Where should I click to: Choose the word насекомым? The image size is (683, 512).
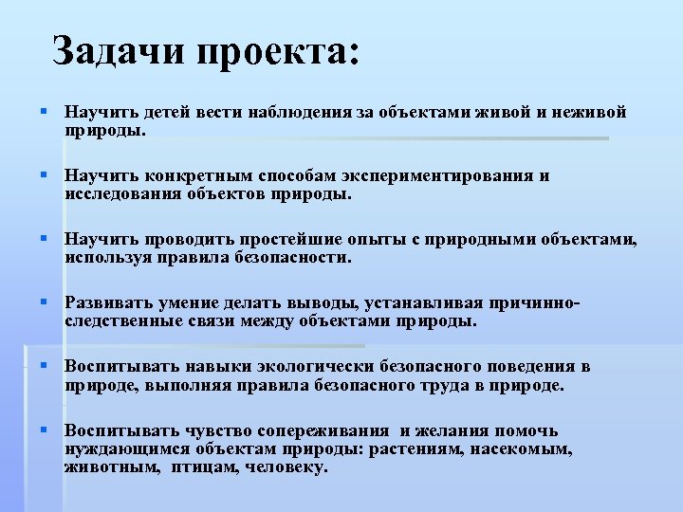tap(524, 449)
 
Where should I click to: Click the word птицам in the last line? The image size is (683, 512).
tap(204, 466)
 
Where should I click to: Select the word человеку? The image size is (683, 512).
tap(286, 466)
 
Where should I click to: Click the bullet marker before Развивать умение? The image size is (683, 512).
tap(44, 302)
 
